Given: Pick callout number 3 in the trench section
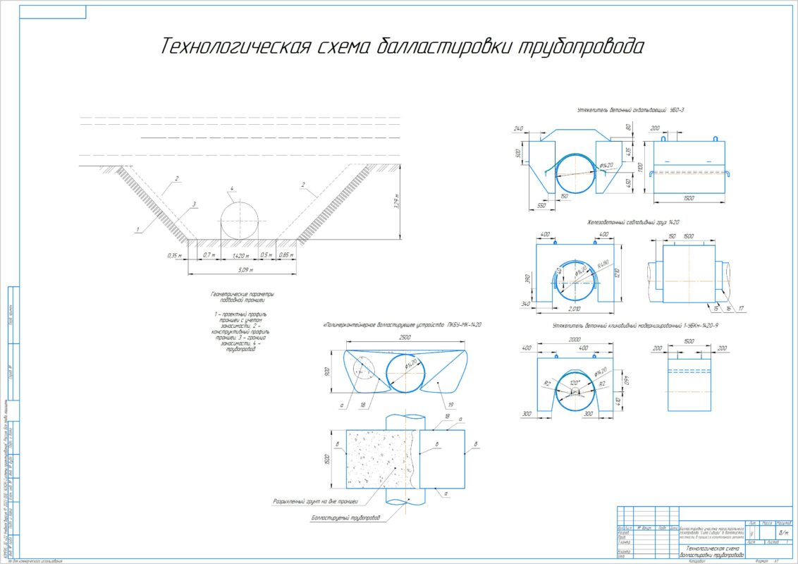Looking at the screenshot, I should [193, 203].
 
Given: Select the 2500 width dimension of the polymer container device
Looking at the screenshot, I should [405, 338].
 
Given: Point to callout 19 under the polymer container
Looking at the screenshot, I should [450, 405].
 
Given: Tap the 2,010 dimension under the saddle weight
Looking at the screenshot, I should [577, 309].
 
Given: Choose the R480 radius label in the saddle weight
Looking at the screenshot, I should [602, 264].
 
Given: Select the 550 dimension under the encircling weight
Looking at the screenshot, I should [541, 205].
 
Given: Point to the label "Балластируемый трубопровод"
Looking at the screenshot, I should [345, 517].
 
